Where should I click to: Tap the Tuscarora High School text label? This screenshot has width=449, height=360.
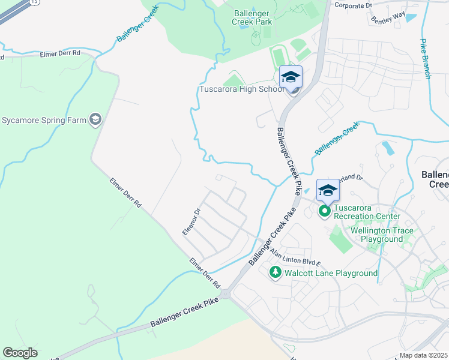point(241,90)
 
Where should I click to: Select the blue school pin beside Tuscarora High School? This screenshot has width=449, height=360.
point(291,78)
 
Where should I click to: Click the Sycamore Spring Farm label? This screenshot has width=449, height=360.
point(43,119)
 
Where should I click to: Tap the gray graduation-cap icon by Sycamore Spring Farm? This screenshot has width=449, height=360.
point(95,119)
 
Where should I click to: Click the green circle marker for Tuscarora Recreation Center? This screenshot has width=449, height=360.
point(325,211)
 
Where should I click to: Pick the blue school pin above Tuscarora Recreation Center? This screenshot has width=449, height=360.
point(328,191)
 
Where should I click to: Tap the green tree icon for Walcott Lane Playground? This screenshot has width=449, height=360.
point(276,273)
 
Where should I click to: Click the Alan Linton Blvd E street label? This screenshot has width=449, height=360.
point(296,257)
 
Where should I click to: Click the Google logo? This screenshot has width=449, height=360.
point(20,353)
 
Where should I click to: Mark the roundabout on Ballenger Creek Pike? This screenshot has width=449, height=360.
point(225,294)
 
